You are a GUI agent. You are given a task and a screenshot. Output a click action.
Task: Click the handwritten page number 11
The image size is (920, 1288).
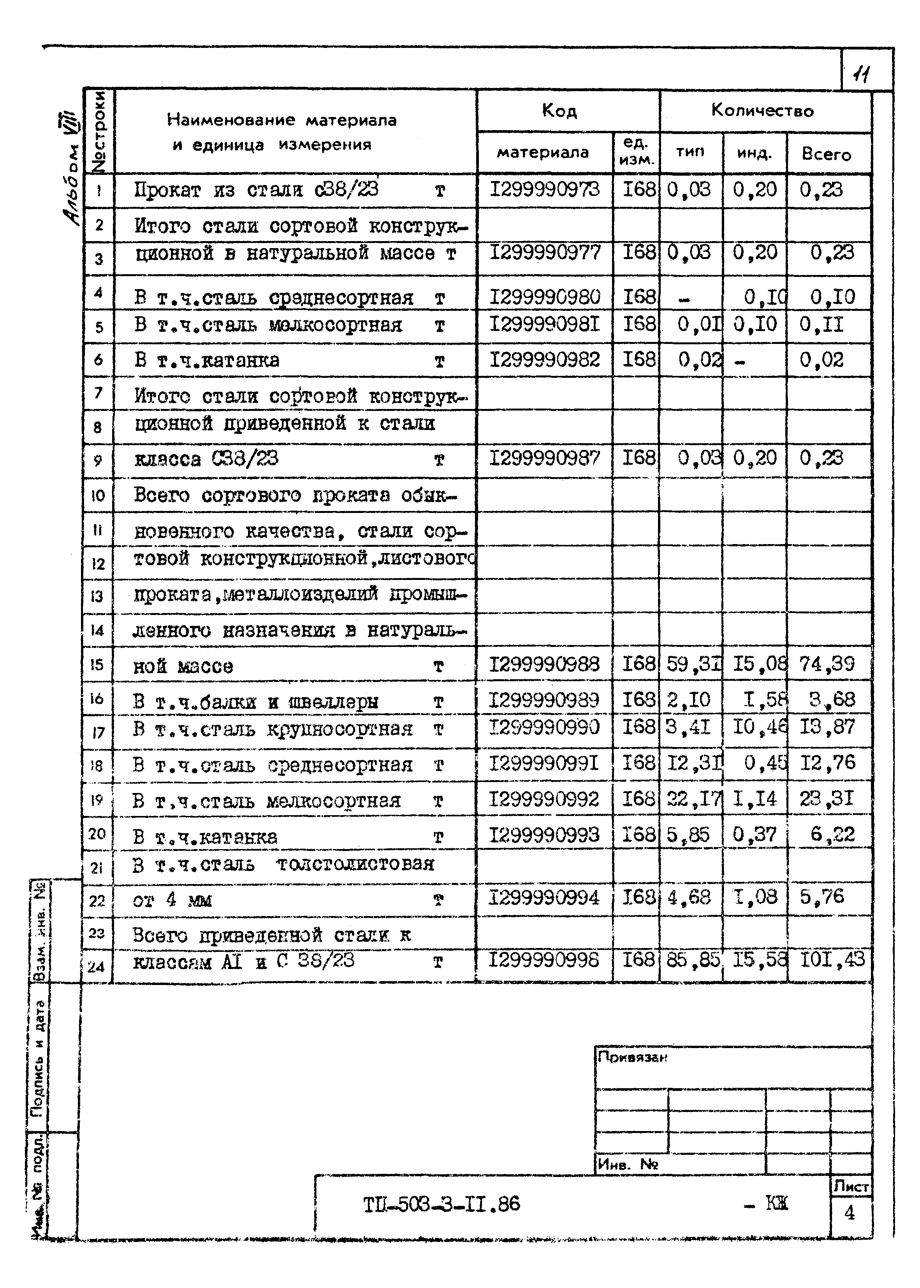863,74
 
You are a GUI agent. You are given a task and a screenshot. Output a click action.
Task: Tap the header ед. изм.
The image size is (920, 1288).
636,152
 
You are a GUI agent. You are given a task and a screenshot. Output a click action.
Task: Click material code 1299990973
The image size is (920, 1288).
544,190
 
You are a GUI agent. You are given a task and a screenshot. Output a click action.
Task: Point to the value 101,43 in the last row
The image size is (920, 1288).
832,959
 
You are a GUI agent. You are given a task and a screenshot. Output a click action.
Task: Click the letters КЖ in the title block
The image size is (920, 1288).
776,1203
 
